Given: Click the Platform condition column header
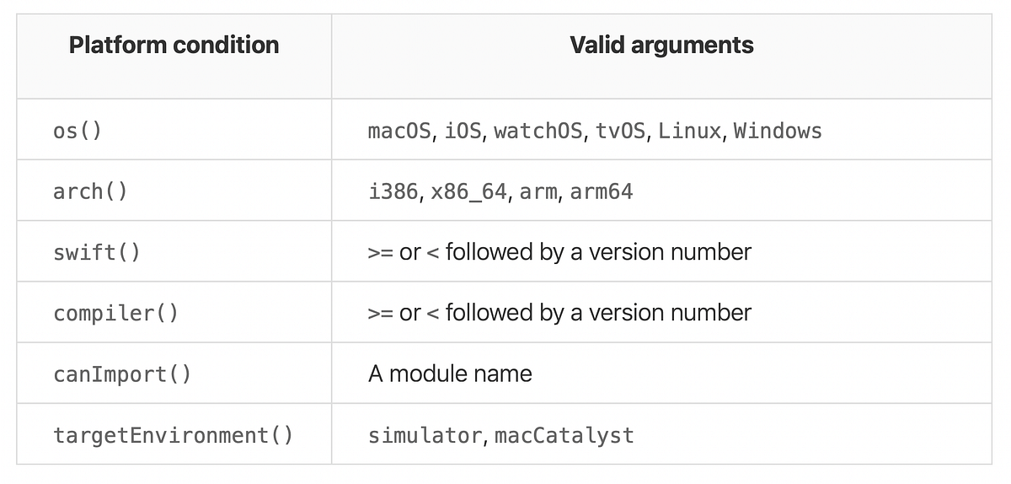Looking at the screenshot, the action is [174, 46].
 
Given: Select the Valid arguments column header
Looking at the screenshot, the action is [661, 46].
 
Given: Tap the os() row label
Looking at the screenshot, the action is [78, 132].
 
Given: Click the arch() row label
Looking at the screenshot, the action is [90, 191].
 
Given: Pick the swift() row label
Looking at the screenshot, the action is [97, 252].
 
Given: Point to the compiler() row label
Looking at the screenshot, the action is [115, 313].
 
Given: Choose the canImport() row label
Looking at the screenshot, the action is [122, 374].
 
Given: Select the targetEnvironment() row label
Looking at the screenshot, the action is [173, 435].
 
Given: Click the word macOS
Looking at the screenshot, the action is [399, 132].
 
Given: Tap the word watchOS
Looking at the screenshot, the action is [538, 132].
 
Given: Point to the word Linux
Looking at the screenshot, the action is [689, 132].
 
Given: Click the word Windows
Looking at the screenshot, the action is [778, 132].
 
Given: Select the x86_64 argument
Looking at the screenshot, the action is [468, 192].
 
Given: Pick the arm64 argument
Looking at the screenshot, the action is [602, 192].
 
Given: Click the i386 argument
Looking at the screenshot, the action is [393, 192].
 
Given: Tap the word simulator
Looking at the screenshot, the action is [425, 435].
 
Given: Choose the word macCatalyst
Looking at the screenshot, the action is [564, 435].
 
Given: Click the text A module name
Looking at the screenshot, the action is [450, 374].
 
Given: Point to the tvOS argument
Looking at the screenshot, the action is [622, 132].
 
